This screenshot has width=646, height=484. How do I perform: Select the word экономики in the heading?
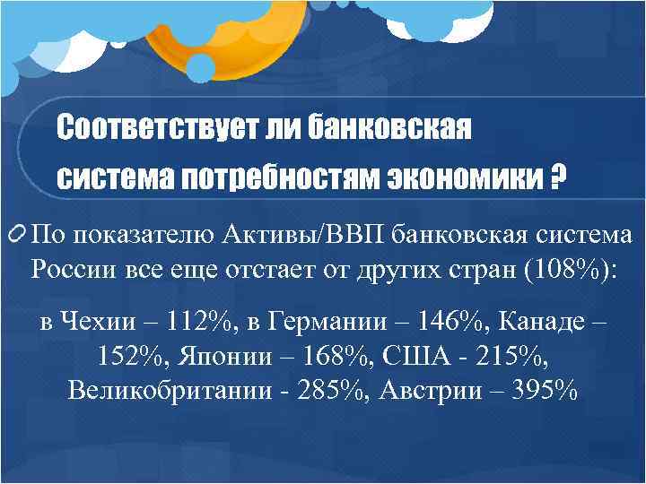point(466,177)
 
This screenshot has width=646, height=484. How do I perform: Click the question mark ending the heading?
point(559,177)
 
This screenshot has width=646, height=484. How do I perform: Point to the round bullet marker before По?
point(17,236)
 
